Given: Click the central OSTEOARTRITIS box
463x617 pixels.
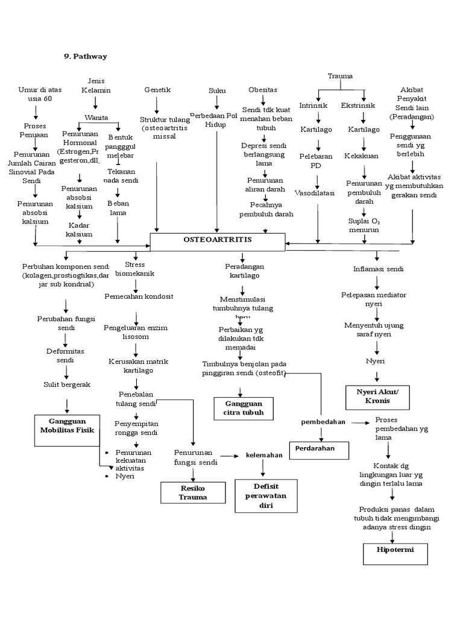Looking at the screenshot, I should (217, 241).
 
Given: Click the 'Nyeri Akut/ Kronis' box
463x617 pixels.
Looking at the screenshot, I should (382, 396).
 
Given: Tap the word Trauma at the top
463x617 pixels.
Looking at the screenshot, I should (340, 76).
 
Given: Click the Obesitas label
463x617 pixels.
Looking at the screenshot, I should (263, 90).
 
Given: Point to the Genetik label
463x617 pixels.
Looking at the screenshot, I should (157, 89).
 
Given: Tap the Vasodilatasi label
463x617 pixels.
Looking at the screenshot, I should (316, 193).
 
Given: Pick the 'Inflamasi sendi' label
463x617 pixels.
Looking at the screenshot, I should (378, 268).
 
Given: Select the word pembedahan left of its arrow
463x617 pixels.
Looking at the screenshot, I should (323, 422).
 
